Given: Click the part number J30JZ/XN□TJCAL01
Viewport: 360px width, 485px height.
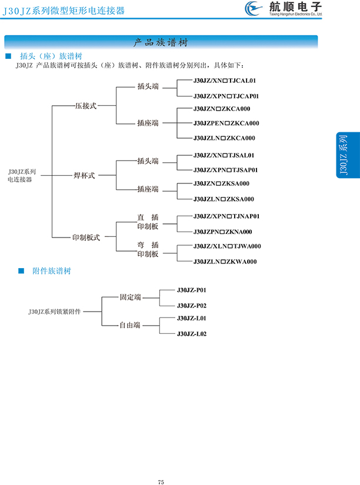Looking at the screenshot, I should [224, 81].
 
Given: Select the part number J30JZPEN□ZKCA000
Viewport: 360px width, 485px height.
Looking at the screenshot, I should [226, 123].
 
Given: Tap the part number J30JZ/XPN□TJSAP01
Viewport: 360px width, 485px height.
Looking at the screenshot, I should [225, 170].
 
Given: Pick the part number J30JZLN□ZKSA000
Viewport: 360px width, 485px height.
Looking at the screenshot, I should [224, 199].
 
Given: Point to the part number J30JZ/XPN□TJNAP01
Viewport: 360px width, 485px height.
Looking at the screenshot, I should [226, 216].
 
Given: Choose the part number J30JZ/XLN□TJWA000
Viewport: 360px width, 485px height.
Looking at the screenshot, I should [226, 246].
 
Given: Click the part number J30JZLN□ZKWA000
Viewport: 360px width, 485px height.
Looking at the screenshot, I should [225, 261].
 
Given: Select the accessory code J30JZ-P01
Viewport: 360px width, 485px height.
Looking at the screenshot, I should [192, 290].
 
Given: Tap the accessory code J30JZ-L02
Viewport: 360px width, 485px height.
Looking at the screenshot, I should [192, 334].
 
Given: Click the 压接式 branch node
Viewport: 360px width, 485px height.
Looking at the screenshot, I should [85, 106].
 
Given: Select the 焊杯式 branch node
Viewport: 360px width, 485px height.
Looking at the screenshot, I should [84, 175].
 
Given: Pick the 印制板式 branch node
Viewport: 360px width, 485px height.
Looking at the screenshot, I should [86, 238].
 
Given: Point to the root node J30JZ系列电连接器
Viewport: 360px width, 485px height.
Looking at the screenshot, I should [22, 175].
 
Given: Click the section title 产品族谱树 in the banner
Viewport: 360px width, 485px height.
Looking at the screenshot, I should [161, 42].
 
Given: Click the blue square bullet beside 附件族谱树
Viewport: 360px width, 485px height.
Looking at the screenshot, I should [21, 270].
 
